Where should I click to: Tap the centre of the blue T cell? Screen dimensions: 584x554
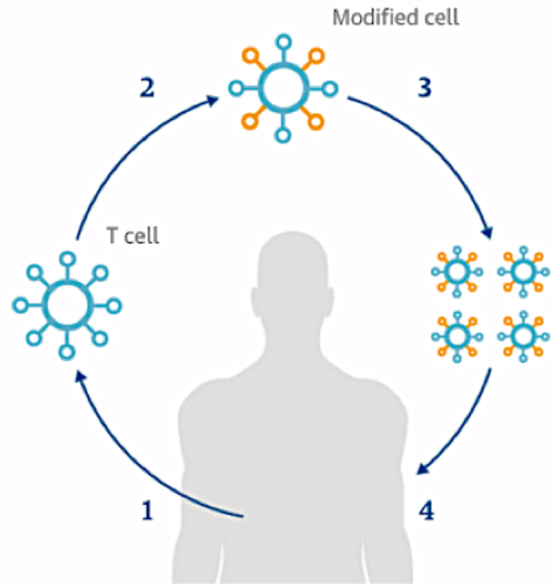click(x=66, y=303)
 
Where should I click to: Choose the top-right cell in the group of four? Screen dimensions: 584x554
click(x=523, y=272)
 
